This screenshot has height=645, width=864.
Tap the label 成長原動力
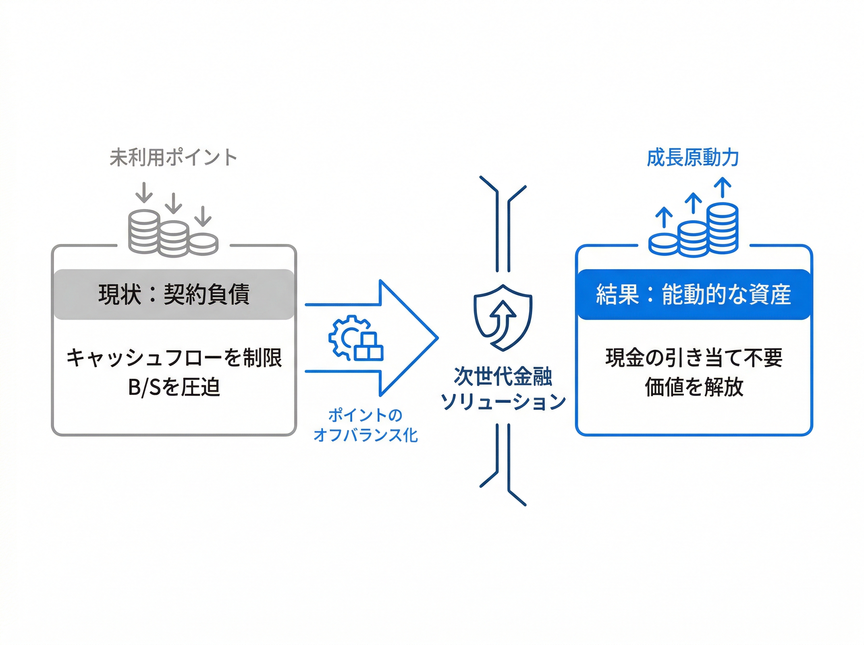tap(693, 158)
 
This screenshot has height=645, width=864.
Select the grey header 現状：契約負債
tap(174, 294)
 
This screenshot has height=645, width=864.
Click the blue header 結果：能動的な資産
tap(693, 294)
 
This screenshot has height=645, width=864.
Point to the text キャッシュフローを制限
tap(174, 358)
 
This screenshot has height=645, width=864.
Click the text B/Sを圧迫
tap(174, 387)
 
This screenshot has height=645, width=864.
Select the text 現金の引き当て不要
tap(694, 358)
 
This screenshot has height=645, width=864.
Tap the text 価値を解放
tap(694, 387)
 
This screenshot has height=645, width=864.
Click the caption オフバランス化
tap(365, 435)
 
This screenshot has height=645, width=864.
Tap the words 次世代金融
tap(503, 376)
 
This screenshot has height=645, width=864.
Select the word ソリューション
tap(503, 401)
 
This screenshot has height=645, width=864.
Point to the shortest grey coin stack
tap(203, 244)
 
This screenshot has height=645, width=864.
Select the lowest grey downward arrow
tap(203, 217)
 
